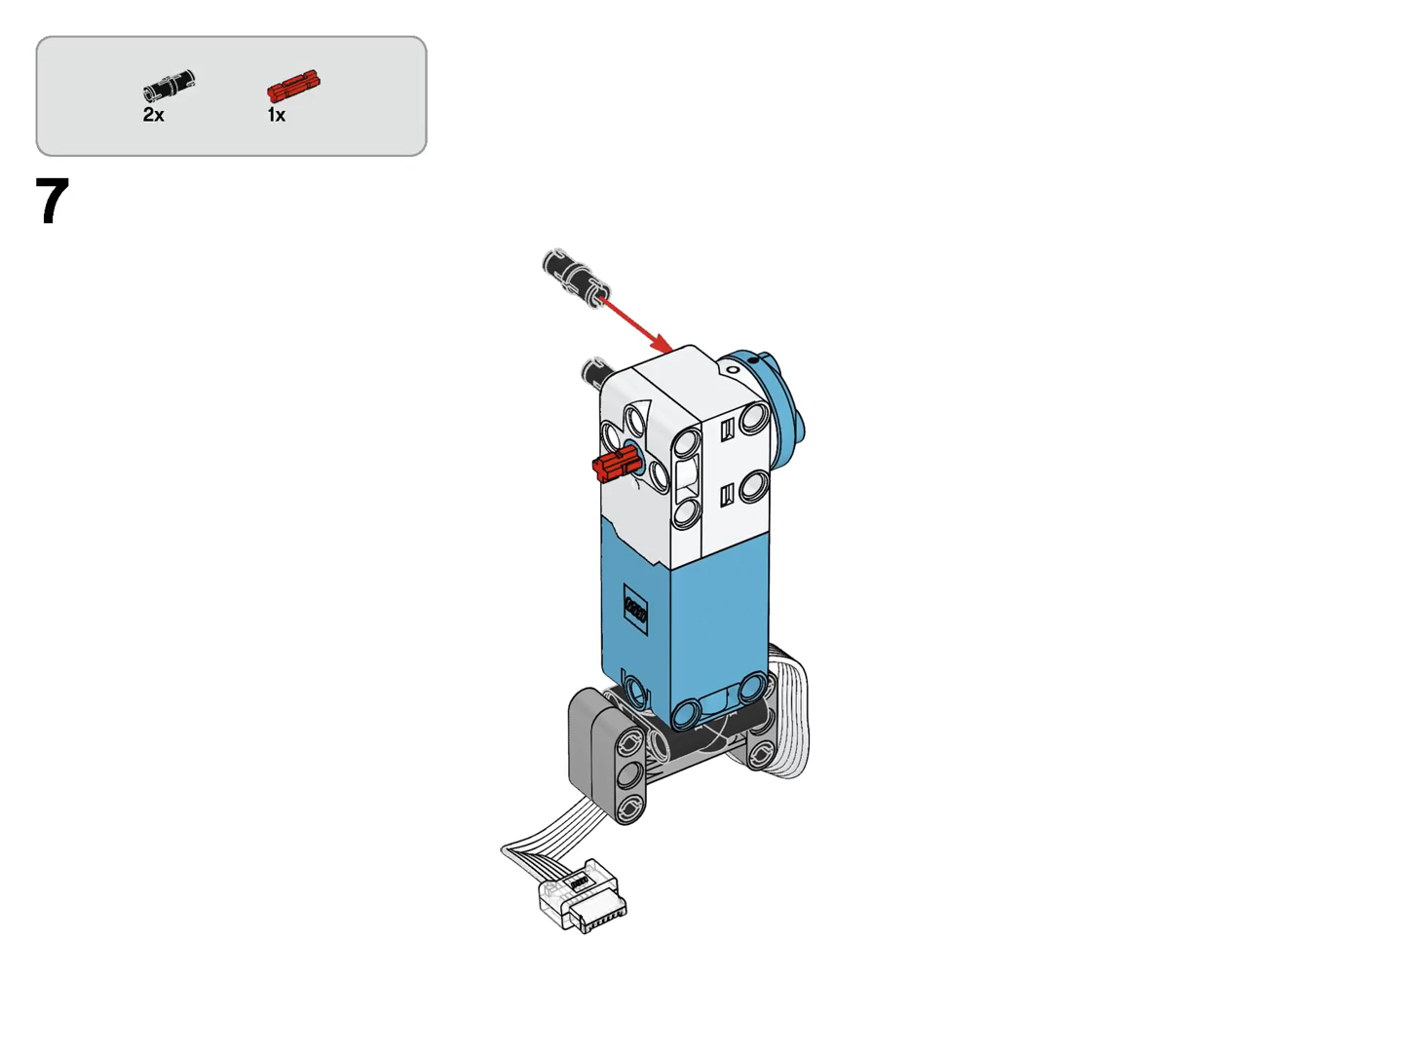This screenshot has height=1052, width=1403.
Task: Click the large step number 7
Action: (x=52, y=202)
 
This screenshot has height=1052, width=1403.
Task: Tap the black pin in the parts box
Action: (x=169, y=86)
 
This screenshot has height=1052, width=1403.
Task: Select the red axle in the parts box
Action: (x=293, y=86)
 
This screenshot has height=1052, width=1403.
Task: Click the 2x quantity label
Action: (x=153, y=115)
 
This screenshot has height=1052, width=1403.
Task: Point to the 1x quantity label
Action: (x=276, y=115)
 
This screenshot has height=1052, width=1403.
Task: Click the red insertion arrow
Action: (x=636, y=323)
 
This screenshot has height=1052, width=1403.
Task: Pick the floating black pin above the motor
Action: (x=576, y=279)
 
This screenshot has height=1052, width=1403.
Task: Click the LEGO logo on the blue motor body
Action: (x=635, y=610)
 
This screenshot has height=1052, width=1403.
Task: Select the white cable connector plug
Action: (x=583, y=894)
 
